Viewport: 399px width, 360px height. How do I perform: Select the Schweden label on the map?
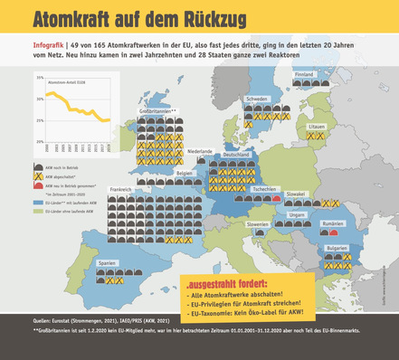(256, 99)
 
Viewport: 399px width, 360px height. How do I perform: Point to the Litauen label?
(316, 127)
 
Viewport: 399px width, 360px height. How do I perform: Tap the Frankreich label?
(121, 189)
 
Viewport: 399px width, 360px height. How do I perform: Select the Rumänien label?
(333, 223)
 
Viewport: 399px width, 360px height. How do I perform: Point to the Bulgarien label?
(337, 247)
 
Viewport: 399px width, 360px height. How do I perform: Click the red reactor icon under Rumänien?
(325, 232)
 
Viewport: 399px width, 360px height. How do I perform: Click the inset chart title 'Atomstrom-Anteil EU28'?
(68, 82)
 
